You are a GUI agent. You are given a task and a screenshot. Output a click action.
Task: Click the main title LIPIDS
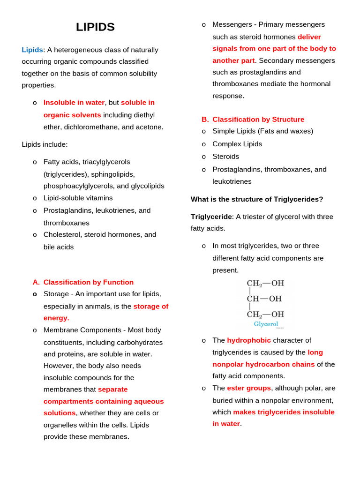pos(95,27)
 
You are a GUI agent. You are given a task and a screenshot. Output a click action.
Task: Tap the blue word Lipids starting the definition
pos(32,50)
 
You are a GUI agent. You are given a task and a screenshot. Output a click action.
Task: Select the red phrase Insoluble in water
pos(74,102)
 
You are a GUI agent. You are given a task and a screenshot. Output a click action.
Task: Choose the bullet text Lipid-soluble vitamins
pos(78,198)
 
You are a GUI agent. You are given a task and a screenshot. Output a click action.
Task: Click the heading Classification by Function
pos(88,282)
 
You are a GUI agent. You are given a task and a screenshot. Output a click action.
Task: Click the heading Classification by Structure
pos(258,120)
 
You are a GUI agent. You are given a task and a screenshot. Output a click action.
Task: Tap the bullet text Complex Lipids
pos(237,144)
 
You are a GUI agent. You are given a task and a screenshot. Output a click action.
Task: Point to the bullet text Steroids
pos(225,156)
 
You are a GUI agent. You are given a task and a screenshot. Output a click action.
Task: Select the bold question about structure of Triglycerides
pos(257,199)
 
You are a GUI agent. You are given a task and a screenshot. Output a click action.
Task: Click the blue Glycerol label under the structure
pos(266,324)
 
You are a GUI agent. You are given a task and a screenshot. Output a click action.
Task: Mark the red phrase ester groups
pos(249,388)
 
